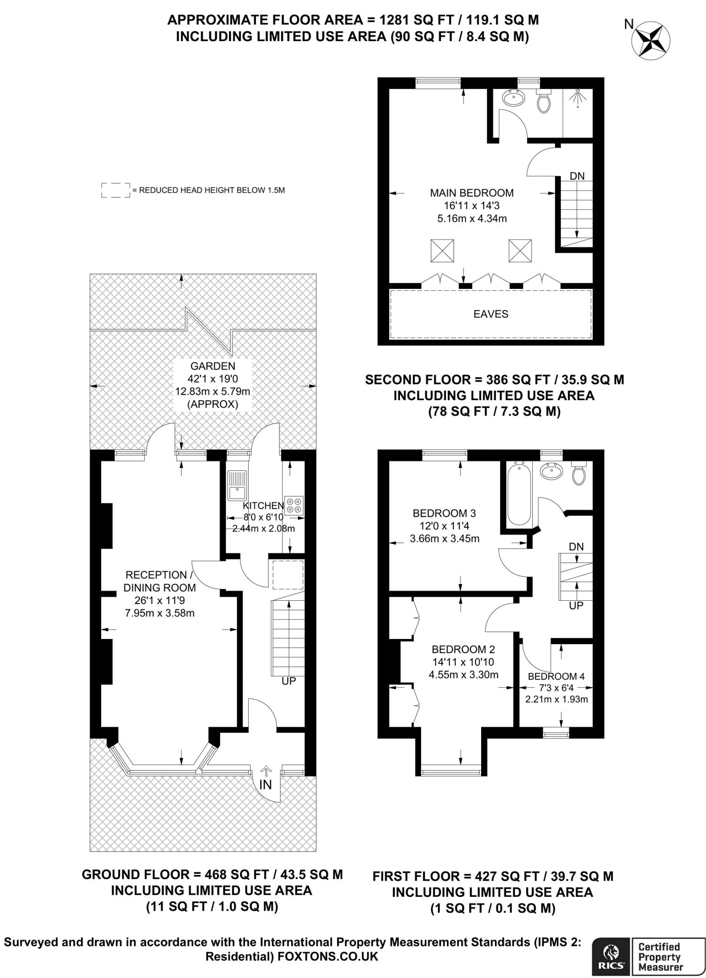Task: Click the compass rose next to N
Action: pyautogui.click(x=651, y=41)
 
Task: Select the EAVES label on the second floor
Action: pyautogui.click(x=491, y=314)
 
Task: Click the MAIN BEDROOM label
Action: pyautogui.click(x=472, y=193)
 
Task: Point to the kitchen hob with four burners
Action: pyautogui.click(x=294, y=506)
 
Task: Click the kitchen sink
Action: pyautogui.click(x=237, y=485)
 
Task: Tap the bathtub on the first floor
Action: pyautogui.click(x=518, y=494)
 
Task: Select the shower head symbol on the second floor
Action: pyautogui.click(x=578, y=98)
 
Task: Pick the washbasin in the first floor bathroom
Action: pyautogui.click(x=551, y=471)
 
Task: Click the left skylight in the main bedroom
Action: pyautogui.click(x=443, y=251)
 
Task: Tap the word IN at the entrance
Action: pyautogui.click(x=265, y=785)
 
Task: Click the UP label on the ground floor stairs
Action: pyautogui.click(x=289, y=681)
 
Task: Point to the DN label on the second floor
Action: pyautogui.click(x=577, y=176)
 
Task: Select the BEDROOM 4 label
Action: pyautogui.click(x=556, y=676)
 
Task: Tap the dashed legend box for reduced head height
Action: pyautogui.click(x=116, y=190)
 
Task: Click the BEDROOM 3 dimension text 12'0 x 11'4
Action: pyautogui.click(x=444, y=526)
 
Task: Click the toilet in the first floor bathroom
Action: pyautogui.click(x=579, y=474)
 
